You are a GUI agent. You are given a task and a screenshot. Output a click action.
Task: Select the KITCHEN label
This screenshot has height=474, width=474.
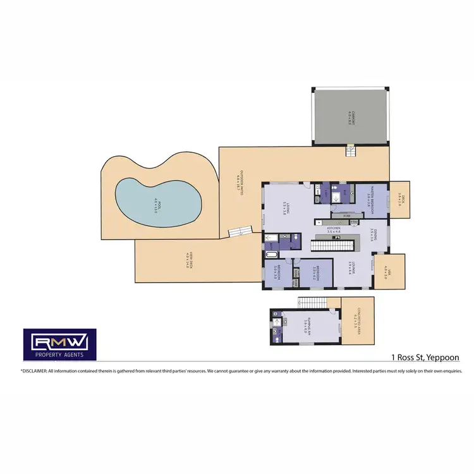point(334,229)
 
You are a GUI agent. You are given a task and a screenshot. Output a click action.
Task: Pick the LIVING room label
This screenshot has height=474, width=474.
point(286,209)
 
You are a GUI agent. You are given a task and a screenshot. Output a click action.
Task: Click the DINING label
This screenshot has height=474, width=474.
point(374,235)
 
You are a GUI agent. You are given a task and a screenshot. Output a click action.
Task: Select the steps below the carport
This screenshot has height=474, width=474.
point(349,152)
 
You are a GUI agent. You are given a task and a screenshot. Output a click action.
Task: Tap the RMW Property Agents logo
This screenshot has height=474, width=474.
point(59,345)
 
